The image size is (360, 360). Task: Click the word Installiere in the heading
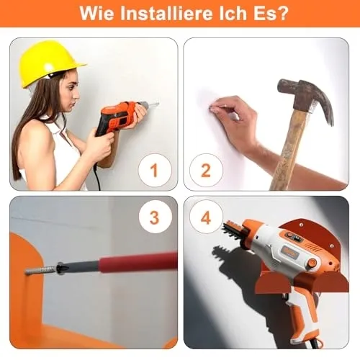click(x=167, y=14)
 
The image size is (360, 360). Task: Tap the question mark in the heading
click(x=283, y=14)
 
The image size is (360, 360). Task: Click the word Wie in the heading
click(x=97, y=14)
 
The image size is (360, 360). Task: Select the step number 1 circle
click(x=155, y=171)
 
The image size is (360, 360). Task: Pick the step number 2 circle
click(x=206, y=171)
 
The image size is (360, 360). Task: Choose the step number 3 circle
click(x=155, y=217)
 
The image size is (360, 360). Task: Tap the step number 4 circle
click(x=206, y=217)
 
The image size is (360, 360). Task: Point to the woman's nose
click(x=76, y=96)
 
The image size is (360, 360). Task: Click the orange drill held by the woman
click(x=120, y=117)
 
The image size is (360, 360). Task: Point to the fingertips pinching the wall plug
click(x=215, y=109)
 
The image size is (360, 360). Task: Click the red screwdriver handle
click(x=139, y=261)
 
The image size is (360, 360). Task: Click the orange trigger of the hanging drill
click(x=297, y=315)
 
